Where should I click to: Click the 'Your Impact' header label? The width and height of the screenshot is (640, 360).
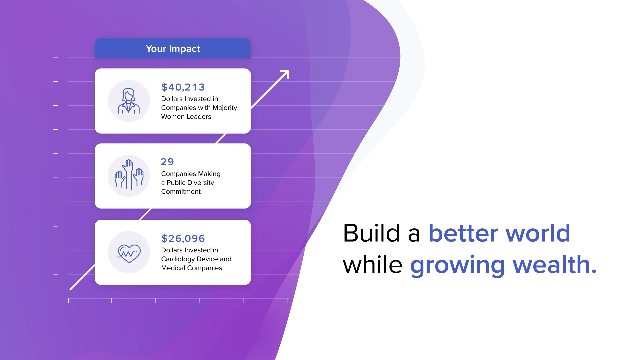(173, 49)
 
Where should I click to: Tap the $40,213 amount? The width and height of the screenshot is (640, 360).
(183, 87)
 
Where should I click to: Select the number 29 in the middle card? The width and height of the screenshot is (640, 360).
(167, 162)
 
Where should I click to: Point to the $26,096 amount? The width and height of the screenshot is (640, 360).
(183, 238)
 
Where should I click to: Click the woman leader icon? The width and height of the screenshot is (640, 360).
(129, 101)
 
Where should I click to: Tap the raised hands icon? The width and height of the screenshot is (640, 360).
(129, 175)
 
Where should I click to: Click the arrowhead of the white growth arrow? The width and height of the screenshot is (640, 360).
(285, 74)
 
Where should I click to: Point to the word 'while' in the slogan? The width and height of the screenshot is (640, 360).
(373, 265)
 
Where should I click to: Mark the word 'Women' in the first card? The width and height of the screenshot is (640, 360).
(172, 117)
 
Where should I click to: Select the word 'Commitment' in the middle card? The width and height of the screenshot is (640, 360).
(181, 192)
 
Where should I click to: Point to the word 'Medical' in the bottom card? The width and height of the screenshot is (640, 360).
(173, 268)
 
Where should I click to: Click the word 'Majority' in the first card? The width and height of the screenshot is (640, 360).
(224, 108)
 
